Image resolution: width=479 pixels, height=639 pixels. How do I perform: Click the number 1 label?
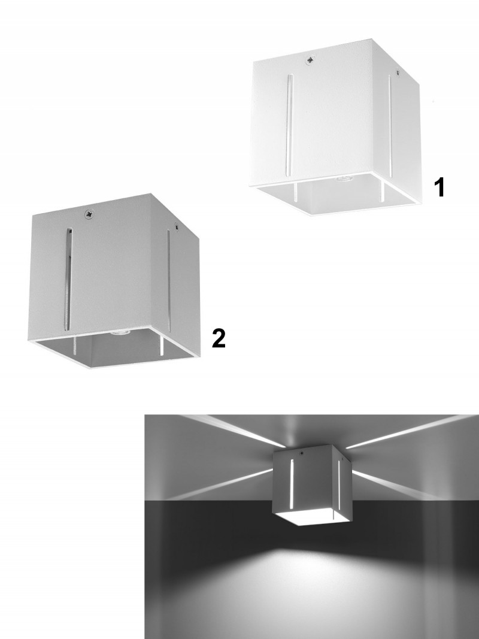(x=439, y=187)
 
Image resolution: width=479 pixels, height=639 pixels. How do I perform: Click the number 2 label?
(x=219, y=338)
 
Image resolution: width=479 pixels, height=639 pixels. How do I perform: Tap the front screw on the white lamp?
(x=311, y=60)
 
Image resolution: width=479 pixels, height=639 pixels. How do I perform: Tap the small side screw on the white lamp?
(x=398, y=72)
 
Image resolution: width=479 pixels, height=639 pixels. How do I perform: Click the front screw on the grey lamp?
(x=89, y=214)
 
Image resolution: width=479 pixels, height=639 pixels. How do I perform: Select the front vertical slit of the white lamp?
(x=290, y=125)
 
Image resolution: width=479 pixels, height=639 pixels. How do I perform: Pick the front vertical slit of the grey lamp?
(x=68, y=280)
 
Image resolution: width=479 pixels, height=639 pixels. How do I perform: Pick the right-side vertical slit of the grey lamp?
(x=168, y=277)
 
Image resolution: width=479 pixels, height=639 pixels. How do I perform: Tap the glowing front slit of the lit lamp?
(x=292, y=484)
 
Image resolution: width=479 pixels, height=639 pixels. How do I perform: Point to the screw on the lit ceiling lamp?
(x=302, y=453)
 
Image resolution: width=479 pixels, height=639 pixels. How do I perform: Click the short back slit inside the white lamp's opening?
(x=295, y=192)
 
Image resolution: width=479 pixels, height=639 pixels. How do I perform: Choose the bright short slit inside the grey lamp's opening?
(x=162, y=346)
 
